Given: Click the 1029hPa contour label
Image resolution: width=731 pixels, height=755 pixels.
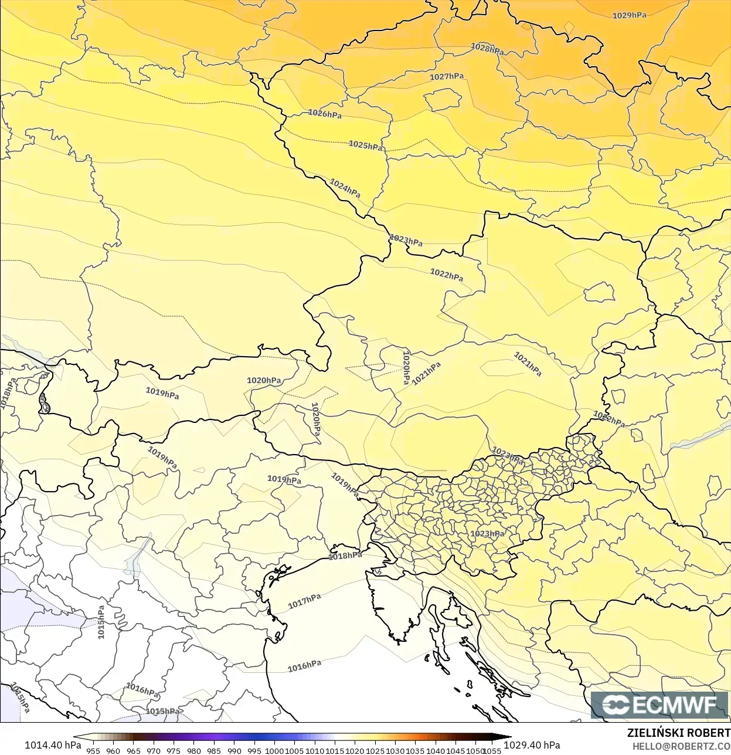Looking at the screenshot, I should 629,15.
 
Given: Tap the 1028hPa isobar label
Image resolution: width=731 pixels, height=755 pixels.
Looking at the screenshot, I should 487,49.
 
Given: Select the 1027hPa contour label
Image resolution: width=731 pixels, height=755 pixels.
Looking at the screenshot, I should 447,76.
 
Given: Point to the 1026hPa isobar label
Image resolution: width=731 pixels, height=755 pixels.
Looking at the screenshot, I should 325,114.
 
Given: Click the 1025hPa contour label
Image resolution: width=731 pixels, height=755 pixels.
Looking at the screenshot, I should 365,145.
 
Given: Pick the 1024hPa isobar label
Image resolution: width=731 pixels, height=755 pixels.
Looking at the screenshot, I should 345,188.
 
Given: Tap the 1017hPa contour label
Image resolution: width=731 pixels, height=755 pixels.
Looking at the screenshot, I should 304,601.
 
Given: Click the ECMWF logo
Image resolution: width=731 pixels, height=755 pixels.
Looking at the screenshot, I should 659,705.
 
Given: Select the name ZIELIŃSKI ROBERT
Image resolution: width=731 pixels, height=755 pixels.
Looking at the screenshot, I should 678,733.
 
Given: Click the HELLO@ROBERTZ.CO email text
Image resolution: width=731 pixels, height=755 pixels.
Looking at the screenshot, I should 681,746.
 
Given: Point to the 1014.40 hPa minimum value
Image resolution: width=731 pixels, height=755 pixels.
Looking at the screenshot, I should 53,745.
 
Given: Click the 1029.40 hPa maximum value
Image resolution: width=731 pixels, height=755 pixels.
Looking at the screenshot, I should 532,745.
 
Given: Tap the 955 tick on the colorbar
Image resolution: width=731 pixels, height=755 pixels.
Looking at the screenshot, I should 93,751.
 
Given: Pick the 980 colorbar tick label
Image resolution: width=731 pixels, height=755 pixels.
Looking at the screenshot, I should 194,751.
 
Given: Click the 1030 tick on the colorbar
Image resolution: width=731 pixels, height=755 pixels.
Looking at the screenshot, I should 395,751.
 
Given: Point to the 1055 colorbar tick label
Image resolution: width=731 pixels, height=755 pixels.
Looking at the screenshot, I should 492,751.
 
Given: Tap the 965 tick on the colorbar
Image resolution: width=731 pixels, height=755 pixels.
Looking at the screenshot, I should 134,751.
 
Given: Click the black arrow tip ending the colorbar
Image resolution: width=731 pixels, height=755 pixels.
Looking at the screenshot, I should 508,737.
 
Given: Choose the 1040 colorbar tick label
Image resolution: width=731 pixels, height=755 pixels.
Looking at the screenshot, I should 436,751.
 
